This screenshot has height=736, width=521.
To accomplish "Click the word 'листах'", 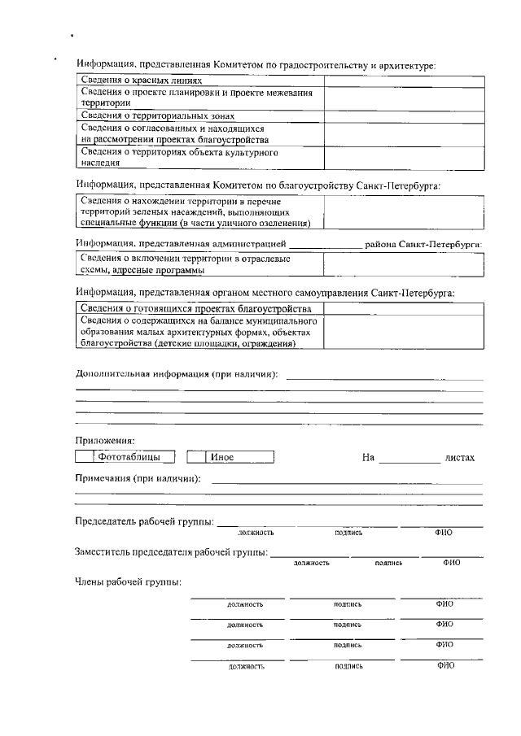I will [x=460, y=458].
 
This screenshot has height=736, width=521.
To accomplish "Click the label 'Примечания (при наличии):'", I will [x=138, y=478].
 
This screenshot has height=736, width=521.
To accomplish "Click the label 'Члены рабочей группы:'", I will [x=128, y=582].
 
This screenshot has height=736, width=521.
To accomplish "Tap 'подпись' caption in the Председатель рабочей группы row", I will [x=348, y=533].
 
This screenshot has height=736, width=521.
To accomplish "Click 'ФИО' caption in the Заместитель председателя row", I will [x=451, y=562].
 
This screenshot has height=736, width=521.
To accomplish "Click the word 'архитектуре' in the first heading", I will [x=407, y=64].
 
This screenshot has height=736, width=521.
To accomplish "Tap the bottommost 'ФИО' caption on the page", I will [x=444, y=665].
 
